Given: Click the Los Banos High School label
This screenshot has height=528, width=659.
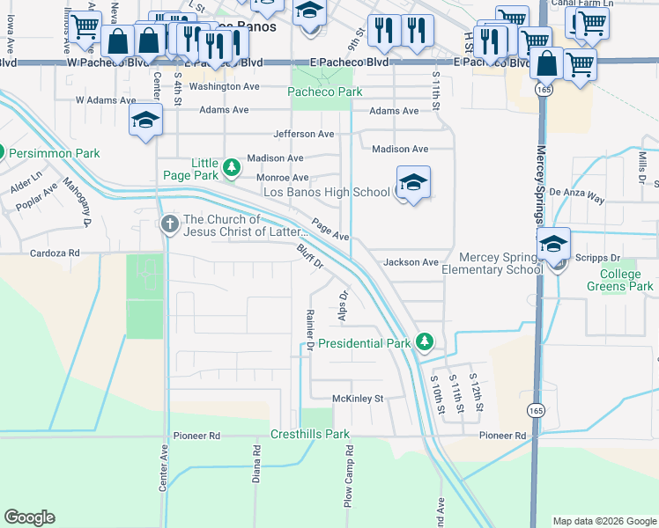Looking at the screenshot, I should tap(327, 192).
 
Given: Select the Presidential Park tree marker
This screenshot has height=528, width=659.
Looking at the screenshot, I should tap(425, 341).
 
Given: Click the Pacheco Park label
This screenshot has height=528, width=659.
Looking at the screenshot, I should tap(319, 92).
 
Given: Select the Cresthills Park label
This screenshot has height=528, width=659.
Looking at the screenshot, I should tap(310, 434).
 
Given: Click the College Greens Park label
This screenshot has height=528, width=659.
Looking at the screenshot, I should tap(620, 280).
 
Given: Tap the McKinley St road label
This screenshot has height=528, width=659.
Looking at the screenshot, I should tap(359, 399).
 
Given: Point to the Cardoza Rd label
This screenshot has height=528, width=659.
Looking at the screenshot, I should tap(55, 253).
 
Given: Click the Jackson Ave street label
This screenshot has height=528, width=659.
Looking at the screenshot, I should tap(411, 262).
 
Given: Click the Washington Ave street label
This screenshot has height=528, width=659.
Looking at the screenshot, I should tap(224, 87).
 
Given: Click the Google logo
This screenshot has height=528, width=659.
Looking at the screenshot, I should tap(29, 517).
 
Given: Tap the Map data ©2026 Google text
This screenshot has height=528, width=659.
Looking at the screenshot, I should tap(603, 521).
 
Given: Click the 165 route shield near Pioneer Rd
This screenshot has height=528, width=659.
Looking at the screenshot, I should tap(536, 410).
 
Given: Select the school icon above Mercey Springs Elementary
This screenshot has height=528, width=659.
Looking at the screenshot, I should tap(553, 244).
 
